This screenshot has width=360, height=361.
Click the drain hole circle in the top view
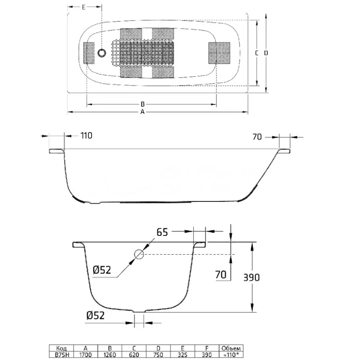click(102, 53)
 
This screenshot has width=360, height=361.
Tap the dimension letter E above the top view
click(83, 7)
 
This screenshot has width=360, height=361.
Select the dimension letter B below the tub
click(142, 104)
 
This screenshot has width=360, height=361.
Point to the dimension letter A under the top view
click(142, 112)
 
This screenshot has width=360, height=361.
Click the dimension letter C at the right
click(257, 53)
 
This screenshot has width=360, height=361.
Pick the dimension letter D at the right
click(266, 53)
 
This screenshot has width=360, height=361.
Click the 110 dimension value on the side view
click(86, 136)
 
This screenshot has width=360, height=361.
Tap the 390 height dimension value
click(252, 277)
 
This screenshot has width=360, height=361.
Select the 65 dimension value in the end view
click(162, 232)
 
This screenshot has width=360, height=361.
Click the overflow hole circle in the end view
click(139, 254)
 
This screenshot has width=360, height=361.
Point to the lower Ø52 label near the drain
click(96, 315)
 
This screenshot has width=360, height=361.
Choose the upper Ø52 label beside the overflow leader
click(102, 270)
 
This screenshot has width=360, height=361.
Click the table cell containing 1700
click(86, 355)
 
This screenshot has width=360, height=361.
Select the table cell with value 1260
click(110, 355)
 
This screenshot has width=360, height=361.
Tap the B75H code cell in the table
click(62, 355)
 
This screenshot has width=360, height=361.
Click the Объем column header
click(231, 348)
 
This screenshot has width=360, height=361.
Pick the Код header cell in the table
click(62, 348)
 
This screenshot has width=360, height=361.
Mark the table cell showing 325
click(182, 355)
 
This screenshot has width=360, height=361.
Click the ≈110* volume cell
click(231, 355)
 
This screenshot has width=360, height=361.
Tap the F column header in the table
click(207, 348)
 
